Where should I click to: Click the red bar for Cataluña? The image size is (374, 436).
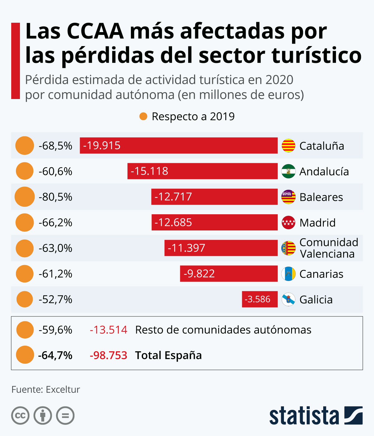tap(179, 145)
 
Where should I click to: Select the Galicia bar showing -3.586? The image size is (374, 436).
tap(260, 299)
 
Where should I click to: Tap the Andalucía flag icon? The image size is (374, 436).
tap(288, 171)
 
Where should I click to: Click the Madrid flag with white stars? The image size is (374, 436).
tap(288, 222)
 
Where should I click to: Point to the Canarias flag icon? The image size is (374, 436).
tap(288, 274)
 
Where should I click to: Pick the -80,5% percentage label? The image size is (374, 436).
tap(55, 197)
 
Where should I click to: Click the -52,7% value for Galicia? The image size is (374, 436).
tap(55, 299)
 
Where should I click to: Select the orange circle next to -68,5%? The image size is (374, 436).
tap(25, 145)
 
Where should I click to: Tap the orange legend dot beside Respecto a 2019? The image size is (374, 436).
tap(143, 116)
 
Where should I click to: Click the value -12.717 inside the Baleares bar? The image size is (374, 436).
tap(173, 197)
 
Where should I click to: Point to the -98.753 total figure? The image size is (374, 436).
tap(108, 355)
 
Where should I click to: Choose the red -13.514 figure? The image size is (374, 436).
tap(108, 329)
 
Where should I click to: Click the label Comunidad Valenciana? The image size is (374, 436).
tap(328, 248)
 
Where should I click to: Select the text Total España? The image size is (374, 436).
tap(168, 355)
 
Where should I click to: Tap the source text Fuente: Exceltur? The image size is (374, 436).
tap(46, 389)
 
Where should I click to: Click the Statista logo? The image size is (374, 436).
tap(316, 415)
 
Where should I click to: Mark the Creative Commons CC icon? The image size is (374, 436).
tap(20, 415)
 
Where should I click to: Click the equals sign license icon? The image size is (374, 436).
tap(65, 415)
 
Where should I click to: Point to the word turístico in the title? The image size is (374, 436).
tap(316, 55)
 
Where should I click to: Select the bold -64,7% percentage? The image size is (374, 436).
tap(55, 355)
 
